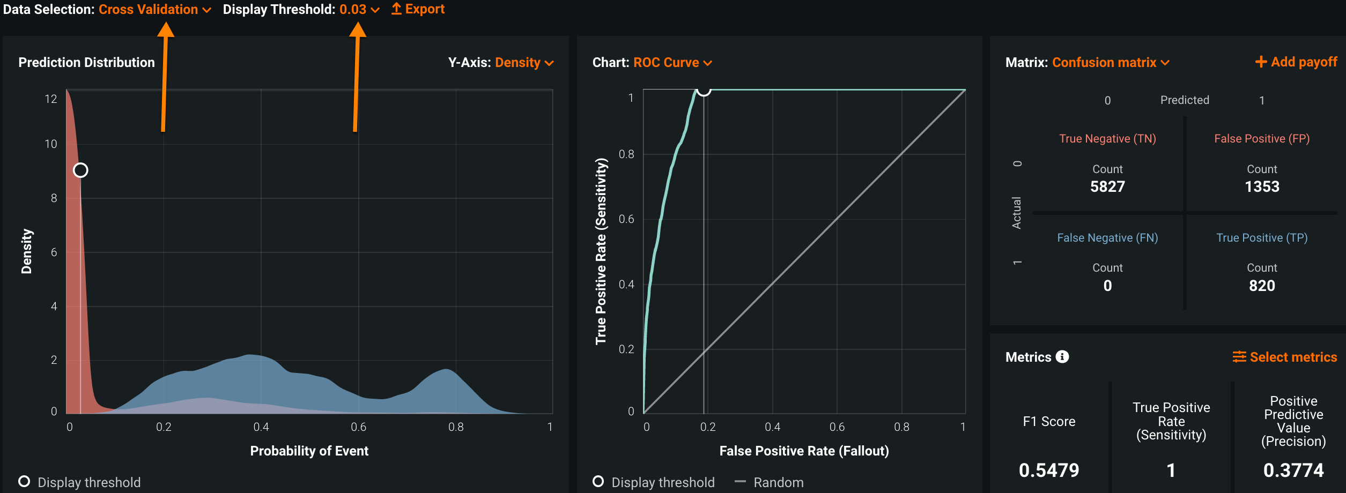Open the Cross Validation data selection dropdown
click(x=154, y=10)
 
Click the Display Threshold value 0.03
click(x=359, y=10)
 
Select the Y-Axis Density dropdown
click(x=523, y=63)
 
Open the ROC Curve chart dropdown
click(x=672, y=63)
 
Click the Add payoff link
click(x=1296, y=62)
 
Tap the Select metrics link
click(x=1285, y=357)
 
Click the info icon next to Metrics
click(x=1062, y=357)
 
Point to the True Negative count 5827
click(x=1107, y=186)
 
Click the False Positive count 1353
click(x=1262, y=186)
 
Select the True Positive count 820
click(x=1262, y=286)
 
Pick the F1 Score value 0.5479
click(x=1049, y=470)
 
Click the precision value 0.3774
click(x=1293, y=470)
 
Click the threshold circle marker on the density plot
click(x=80, y=170)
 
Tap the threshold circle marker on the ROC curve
click(x=704, y=90)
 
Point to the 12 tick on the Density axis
click(x=51, y=99)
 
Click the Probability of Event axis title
click(x=309, y=451)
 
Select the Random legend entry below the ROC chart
click(x=778, y=482)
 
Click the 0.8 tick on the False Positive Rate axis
click(x=901, y=427)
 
